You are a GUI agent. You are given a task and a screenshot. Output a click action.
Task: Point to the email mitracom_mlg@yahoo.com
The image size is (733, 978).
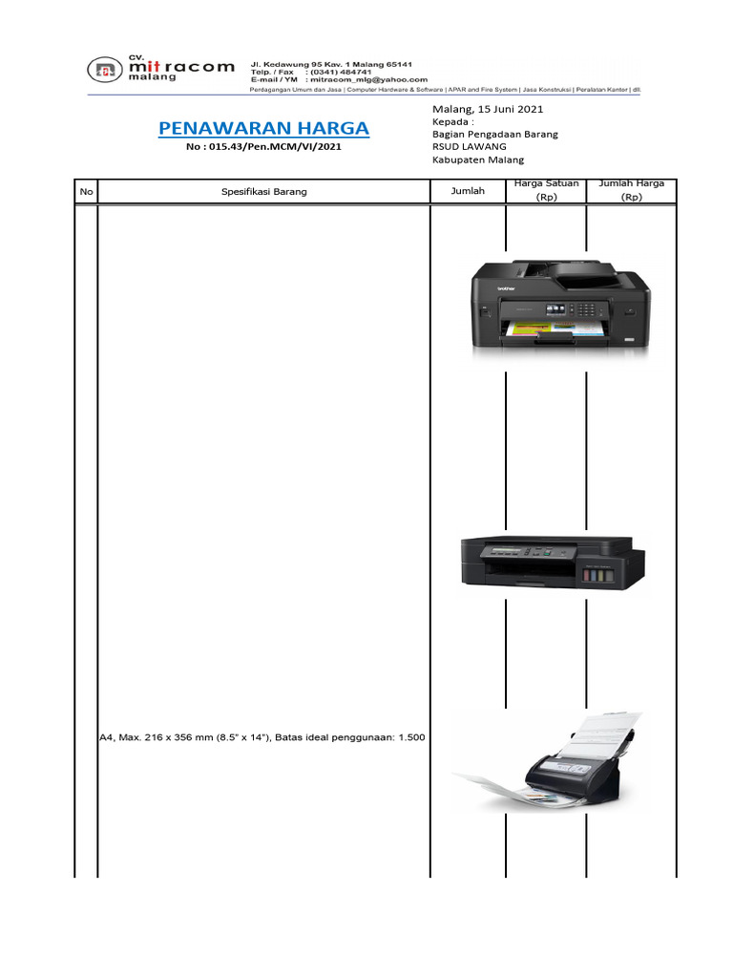coord(367,80)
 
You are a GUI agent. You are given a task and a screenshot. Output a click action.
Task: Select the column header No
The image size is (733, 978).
coord(86,192)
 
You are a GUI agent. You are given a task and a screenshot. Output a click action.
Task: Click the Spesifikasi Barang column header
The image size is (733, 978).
coord(264,192)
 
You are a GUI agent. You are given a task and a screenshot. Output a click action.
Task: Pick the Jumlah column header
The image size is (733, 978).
coord(468,191)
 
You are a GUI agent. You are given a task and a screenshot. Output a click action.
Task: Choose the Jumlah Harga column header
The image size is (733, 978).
coord(631,190)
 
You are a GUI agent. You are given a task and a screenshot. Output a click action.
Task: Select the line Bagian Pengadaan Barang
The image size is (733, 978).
coord(494,135)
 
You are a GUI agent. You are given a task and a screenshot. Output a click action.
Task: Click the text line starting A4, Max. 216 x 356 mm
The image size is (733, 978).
coord(262,737)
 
